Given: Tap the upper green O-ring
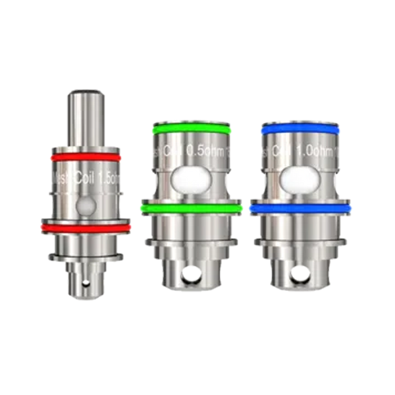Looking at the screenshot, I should pos(191,130).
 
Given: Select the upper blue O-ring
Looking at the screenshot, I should pos(302,130).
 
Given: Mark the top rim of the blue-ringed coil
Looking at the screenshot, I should pos(302,122).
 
